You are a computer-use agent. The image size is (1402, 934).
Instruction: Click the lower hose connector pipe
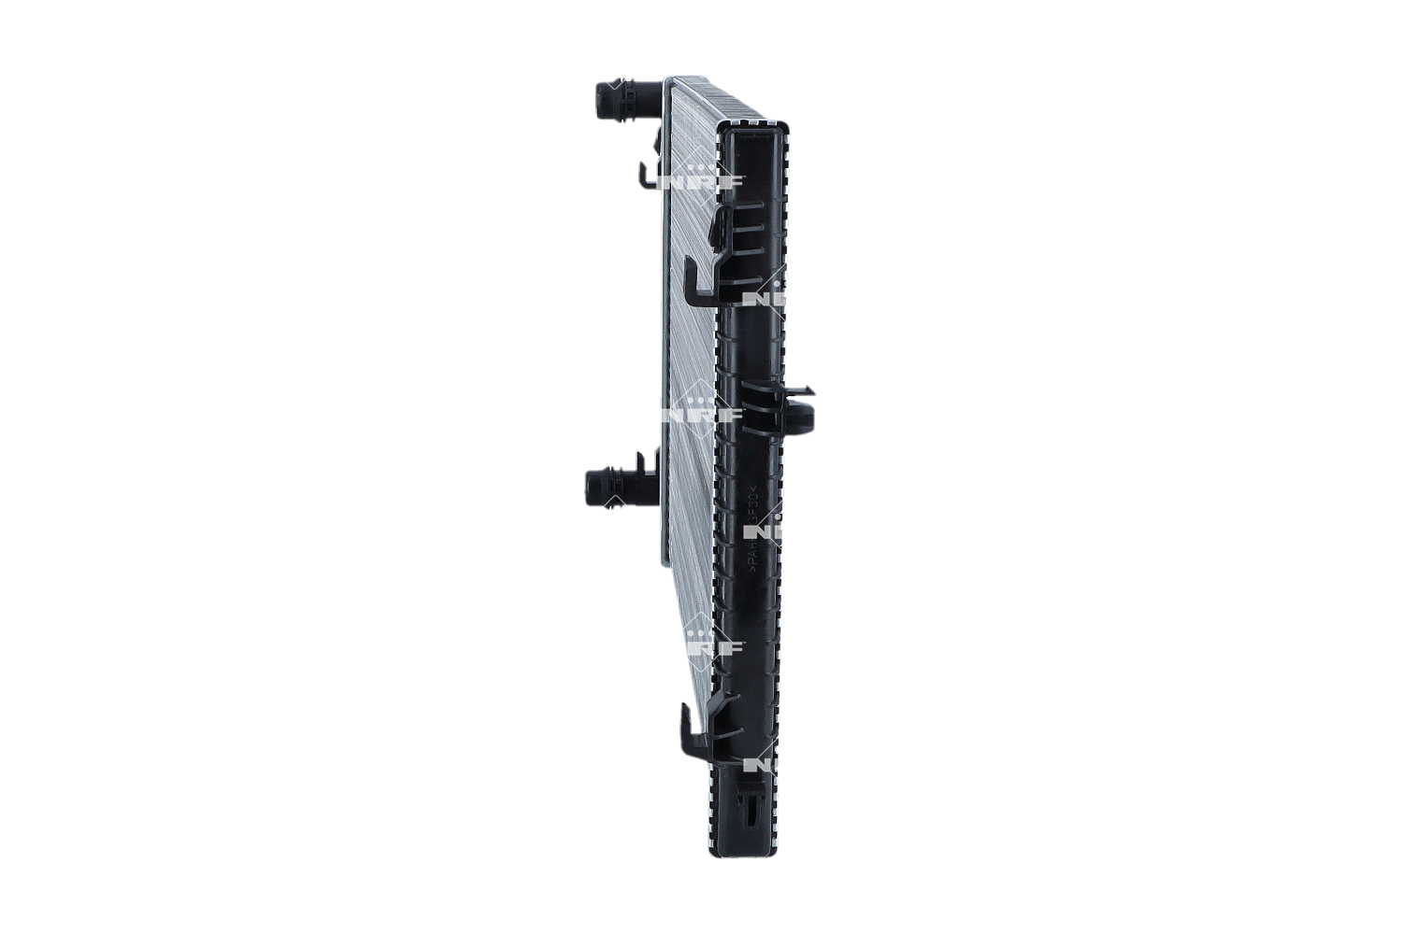point(617,485)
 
